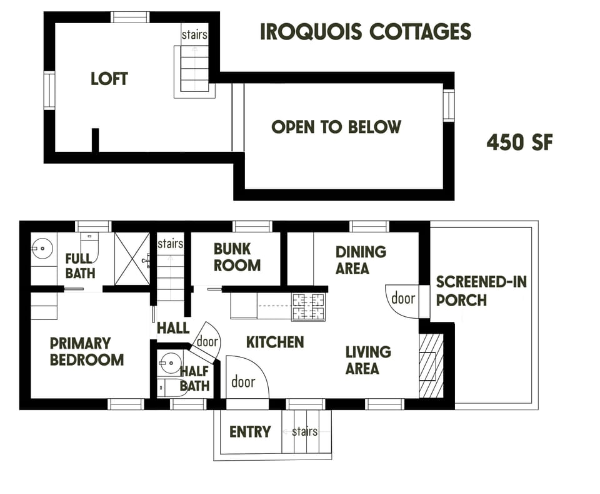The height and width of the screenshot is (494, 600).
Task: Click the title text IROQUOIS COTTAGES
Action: pyautogui.click(x=365, y=32)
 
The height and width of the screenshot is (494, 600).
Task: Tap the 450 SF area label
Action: pyautogui.click(x=519, y=143)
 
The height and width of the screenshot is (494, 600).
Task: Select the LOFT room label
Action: pyautogui.click(x=109, y=79)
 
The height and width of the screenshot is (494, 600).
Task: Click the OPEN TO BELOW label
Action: pyautogui.click(x=336, y=127)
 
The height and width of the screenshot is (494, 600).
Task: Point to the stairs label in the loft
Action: pyautogui.click(x=194, y=35)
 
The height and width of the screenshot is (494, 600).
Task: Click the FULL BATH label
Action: pyautogui.click(x=80, y=265)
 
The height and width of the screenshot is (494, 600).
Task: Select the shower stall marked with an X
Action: pyautogui.click(x=132, y=259)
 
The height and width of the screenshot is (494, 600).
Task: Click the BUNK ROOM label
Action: pyautogui.click(x=237, y=257)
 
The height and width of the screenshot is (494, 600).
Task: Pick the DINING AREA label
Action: pyautogui.click(x=361, y=260)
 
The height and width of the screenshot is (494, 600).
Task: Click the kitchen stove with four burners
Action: pyautogui.click(x=309, y=307)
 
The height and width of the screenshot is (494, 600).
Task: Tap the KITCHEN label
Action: pyautogui.click(x=275, y=342)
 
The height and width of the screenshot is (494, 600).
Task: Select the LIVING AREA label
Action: pyautogui.click(x=367, y=360)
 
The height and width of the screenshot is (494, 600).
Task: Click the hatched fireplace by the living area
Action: pyautogui.click(x=431, y=366)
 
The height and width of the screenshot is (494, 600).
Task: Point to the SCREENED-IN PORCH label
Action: pyautogui.click(x=481, y=291)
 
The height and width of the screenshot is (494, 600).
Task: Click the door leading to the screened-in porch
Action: pyautogui.click(x=402, y=299)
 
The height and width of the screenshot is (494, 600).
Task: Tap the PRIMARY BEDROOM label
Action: pyautogui.click(x=86, y=351)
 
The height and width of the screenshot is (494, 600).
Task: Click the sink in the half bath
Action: pyautogui.click(x=169, y=362)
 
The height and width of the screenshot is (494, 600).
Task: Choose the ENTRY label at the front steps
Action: pyautogui.click(x=249, y=431)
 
